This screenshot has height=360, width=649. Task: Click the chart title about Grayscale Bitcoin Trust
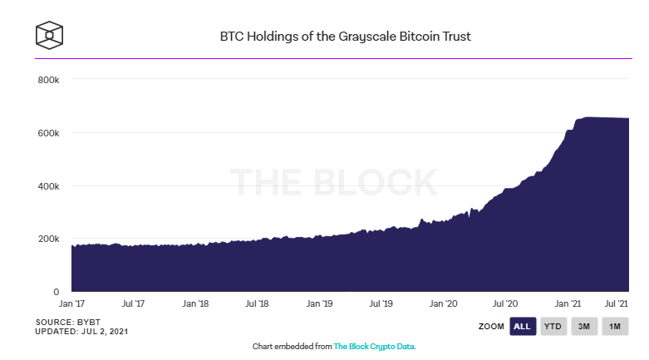tap(345, 37)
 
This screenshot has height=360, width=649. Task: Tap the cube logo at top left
tap(49, 35)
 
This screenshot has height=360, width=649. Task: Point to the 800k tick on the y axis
tap(48, 80)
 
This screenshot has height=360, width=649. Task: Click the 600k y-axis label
tap(48, 133)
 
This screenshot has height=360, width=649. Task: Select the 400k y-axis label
tap(48, 186)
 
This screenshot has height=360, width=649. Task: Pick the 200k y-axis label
tap(48, 239)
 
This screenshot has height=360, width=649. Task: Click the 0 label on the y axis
tap(57, 292)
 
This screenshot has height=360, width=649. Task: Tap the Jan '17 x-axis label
tap(71, 303)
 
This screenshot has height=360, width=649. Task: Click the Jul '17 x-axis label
tap(133, 303)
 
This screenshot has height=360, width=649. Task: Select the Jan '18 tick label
tap(195, 303)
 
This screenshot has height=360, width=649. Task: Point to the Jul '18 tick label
tap(257, 303)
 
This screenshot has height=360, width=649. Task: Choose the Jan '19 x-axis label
tap(319, 303)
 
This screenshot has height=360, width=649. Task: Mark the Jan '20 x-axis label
tap(443, 303)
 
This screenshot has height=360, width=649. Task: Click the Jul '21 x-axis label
tap(617, 303)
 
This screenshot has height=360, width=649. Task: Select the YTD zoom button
tap(553, 327)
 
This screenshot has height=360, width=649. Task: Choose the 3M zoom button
tap(584, 327)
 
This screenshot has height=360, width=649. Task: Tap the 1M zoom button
tap(615, 327)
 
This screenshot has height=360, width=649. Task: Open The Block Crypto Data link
tap(374, 347)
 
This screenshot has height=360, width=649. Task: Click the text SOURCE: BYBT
tap(68, 322)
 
